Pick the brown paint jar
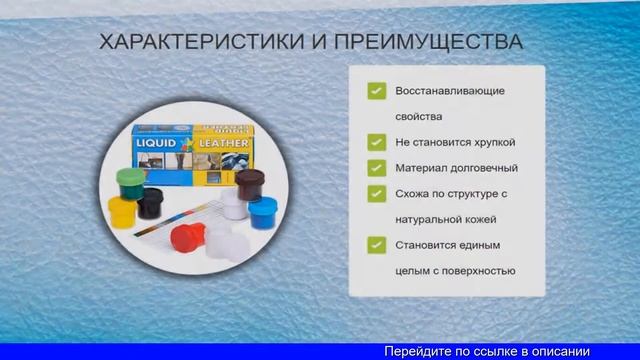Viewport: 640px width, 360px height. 247,184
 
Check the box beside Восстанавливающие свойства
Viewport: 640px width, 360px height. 376,91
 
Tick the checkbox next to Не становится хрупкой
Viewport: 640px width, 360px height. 376,142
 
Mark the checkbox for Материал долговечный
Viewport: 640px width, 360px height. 376,167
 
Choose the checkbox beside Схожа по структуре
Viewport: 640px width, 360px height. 376,193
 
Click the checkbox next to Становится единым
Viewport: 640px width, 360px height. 376,244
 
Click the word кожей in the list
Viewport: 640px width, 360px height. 478,218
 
